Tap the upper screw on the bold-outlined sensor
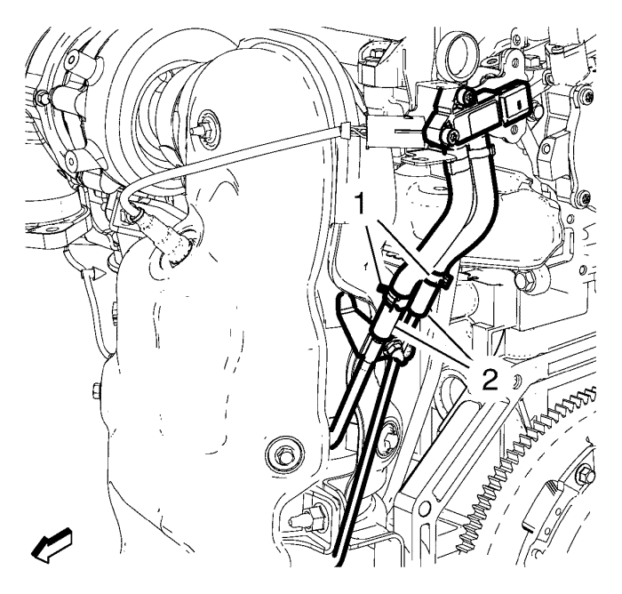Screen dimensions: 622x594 pyautogui.click(x=469, y=96)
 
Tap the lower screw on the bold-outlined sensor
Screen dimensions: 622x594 pyautogui.click(x=453, y=137)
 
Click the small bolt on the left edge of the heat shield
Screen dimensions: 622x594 pyautogui.click(x=96, y=390)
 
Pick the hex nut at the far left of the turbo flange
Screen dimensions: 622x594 pyautogui.click(x=41, y=96)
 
